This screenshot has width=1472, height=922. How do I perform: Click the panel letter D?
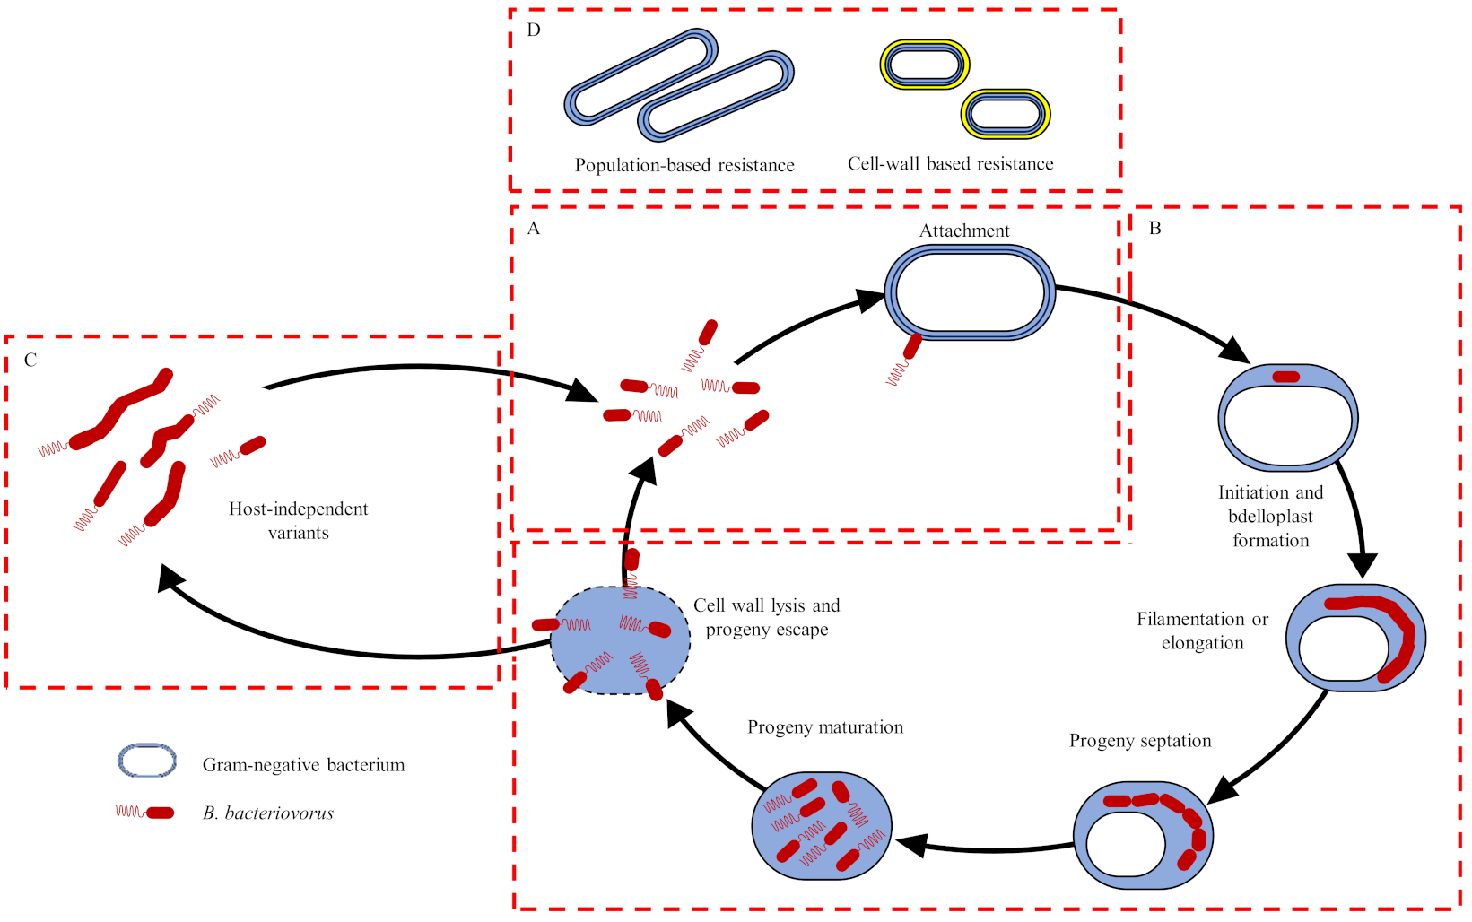point(534,30)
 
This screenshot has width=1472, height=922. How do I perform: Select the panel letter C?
point(30,361)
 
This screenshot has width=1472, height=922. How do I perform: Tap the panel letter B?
point(1155,229)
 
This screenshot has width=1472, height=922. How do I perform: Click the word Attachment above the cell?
point(964,231)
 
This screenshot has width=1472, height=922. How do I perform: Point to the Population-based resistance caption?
point(684,166)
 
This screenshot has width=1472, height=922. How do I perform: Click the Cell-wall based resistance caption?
point(950,164)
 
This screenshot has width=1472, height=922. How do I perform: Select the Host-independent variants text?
point(298,521)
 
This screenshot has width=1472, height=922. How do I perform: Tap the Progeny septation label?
point(1140,741)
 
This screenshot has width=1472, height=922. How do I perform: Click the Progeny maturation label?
point(825,727)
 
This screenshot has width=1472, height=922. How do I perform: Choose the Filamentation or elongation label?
point(1202,631)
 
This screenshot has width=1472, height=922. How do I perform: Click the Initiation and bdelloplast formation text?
point(1270,517)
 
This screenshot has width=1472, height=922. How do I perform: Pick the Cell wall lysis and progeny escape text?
point(766,618)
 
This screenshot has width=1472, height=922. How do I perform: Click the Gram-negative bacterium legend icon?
point(147,761)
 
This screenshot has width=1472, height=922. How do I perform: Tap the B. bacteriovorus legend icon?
point(144,813)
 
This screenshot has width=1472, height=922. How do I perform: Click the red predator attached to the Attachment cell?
point(912,346)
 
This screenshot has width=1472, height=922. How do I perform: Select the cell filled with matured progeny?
point(822,826)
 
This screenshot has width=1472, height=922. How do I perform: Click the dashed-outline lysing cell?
point(620,640)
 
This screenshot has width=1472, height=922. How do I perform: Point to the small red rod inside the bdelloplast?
point(1286,377)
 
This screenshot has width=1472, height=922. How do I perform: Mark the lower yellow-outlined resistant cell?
point(1006,114)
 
